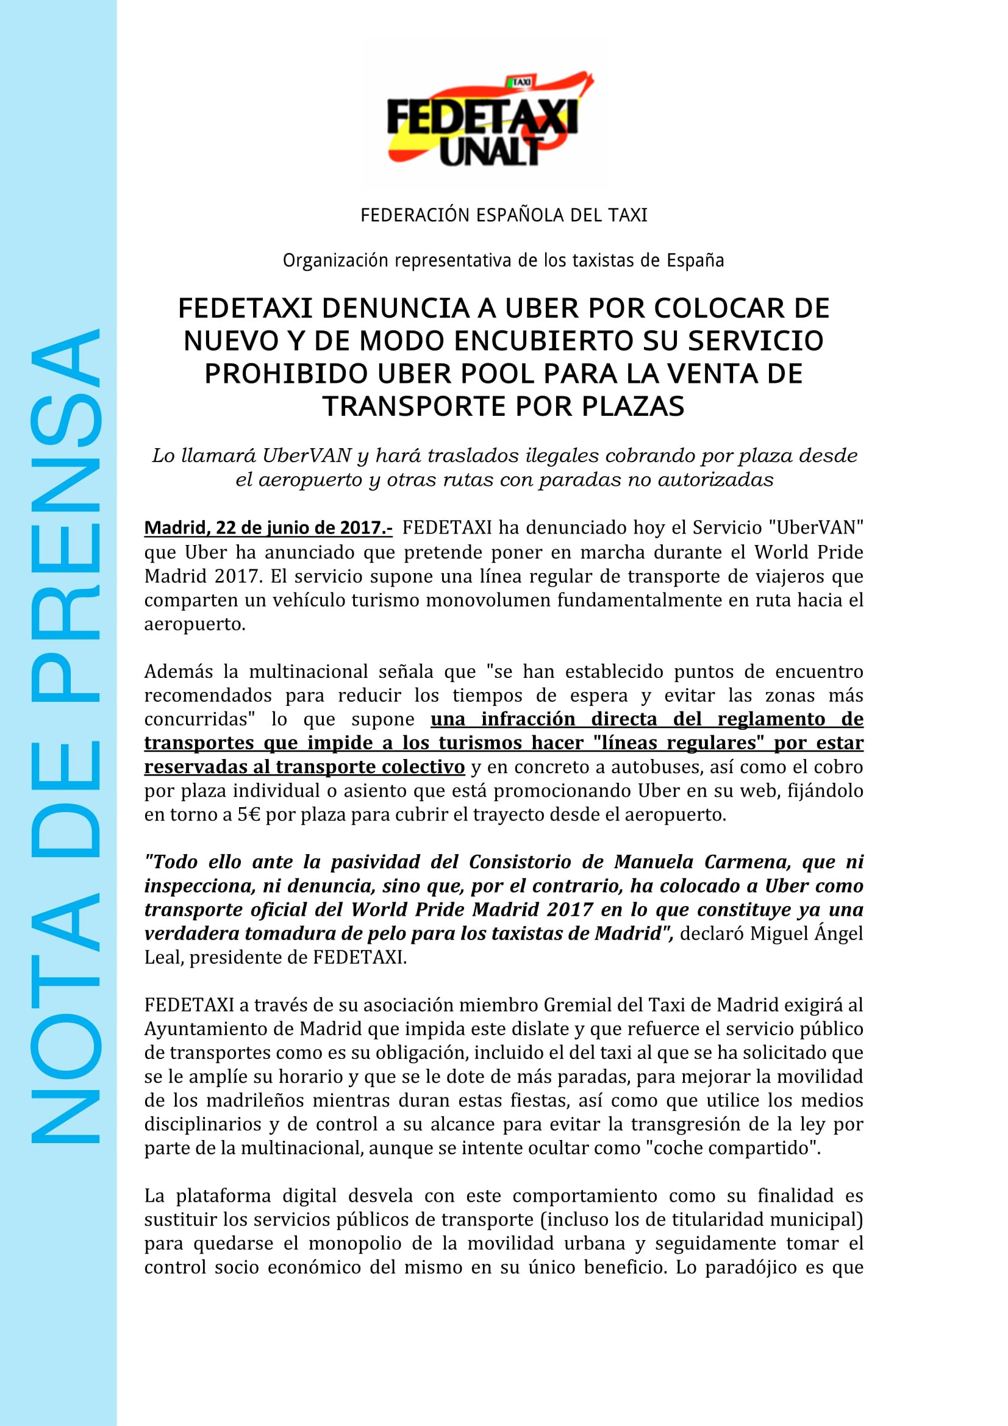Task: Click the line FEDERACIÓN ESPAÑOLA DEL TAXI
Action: click(x=504, y=215)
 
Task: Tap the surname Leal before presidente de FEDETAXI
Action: click(x=163, y=958)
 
